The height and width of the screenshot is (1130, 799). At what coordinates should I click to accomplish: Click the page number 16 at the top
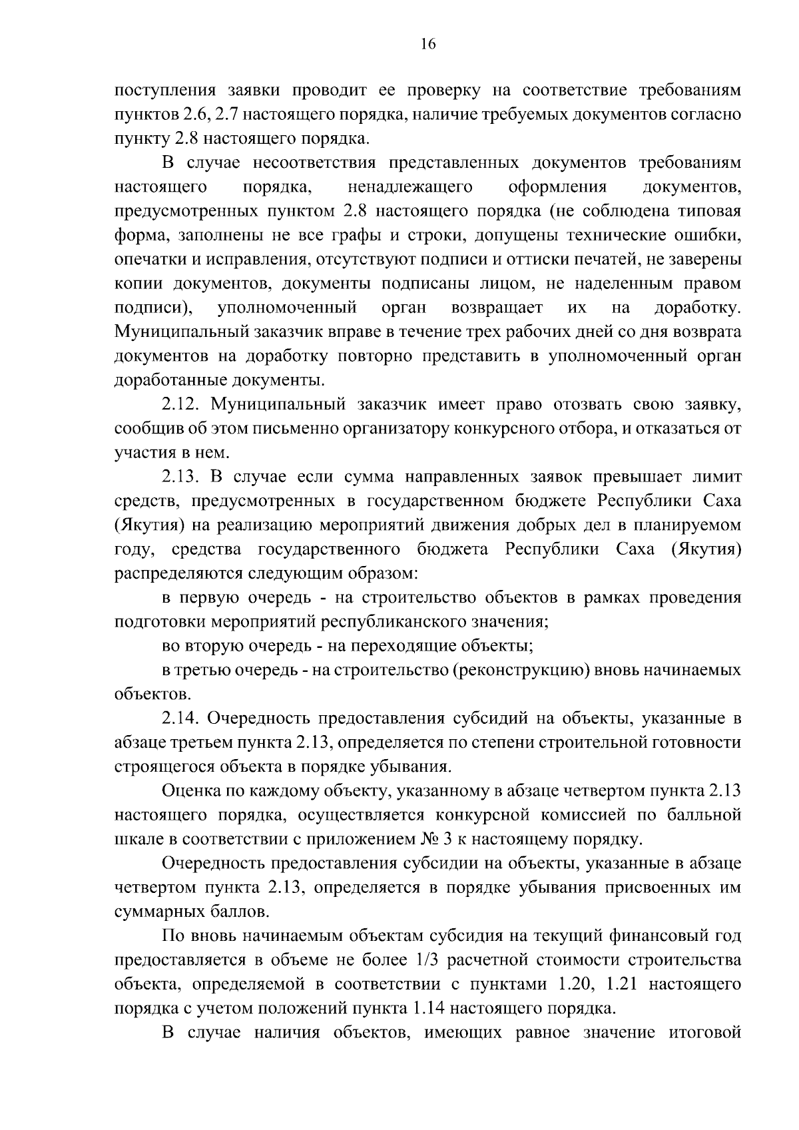pos(428,45)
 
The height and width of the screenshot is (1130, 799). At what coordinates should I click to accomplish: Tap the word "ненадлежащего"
pos(410,186)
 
